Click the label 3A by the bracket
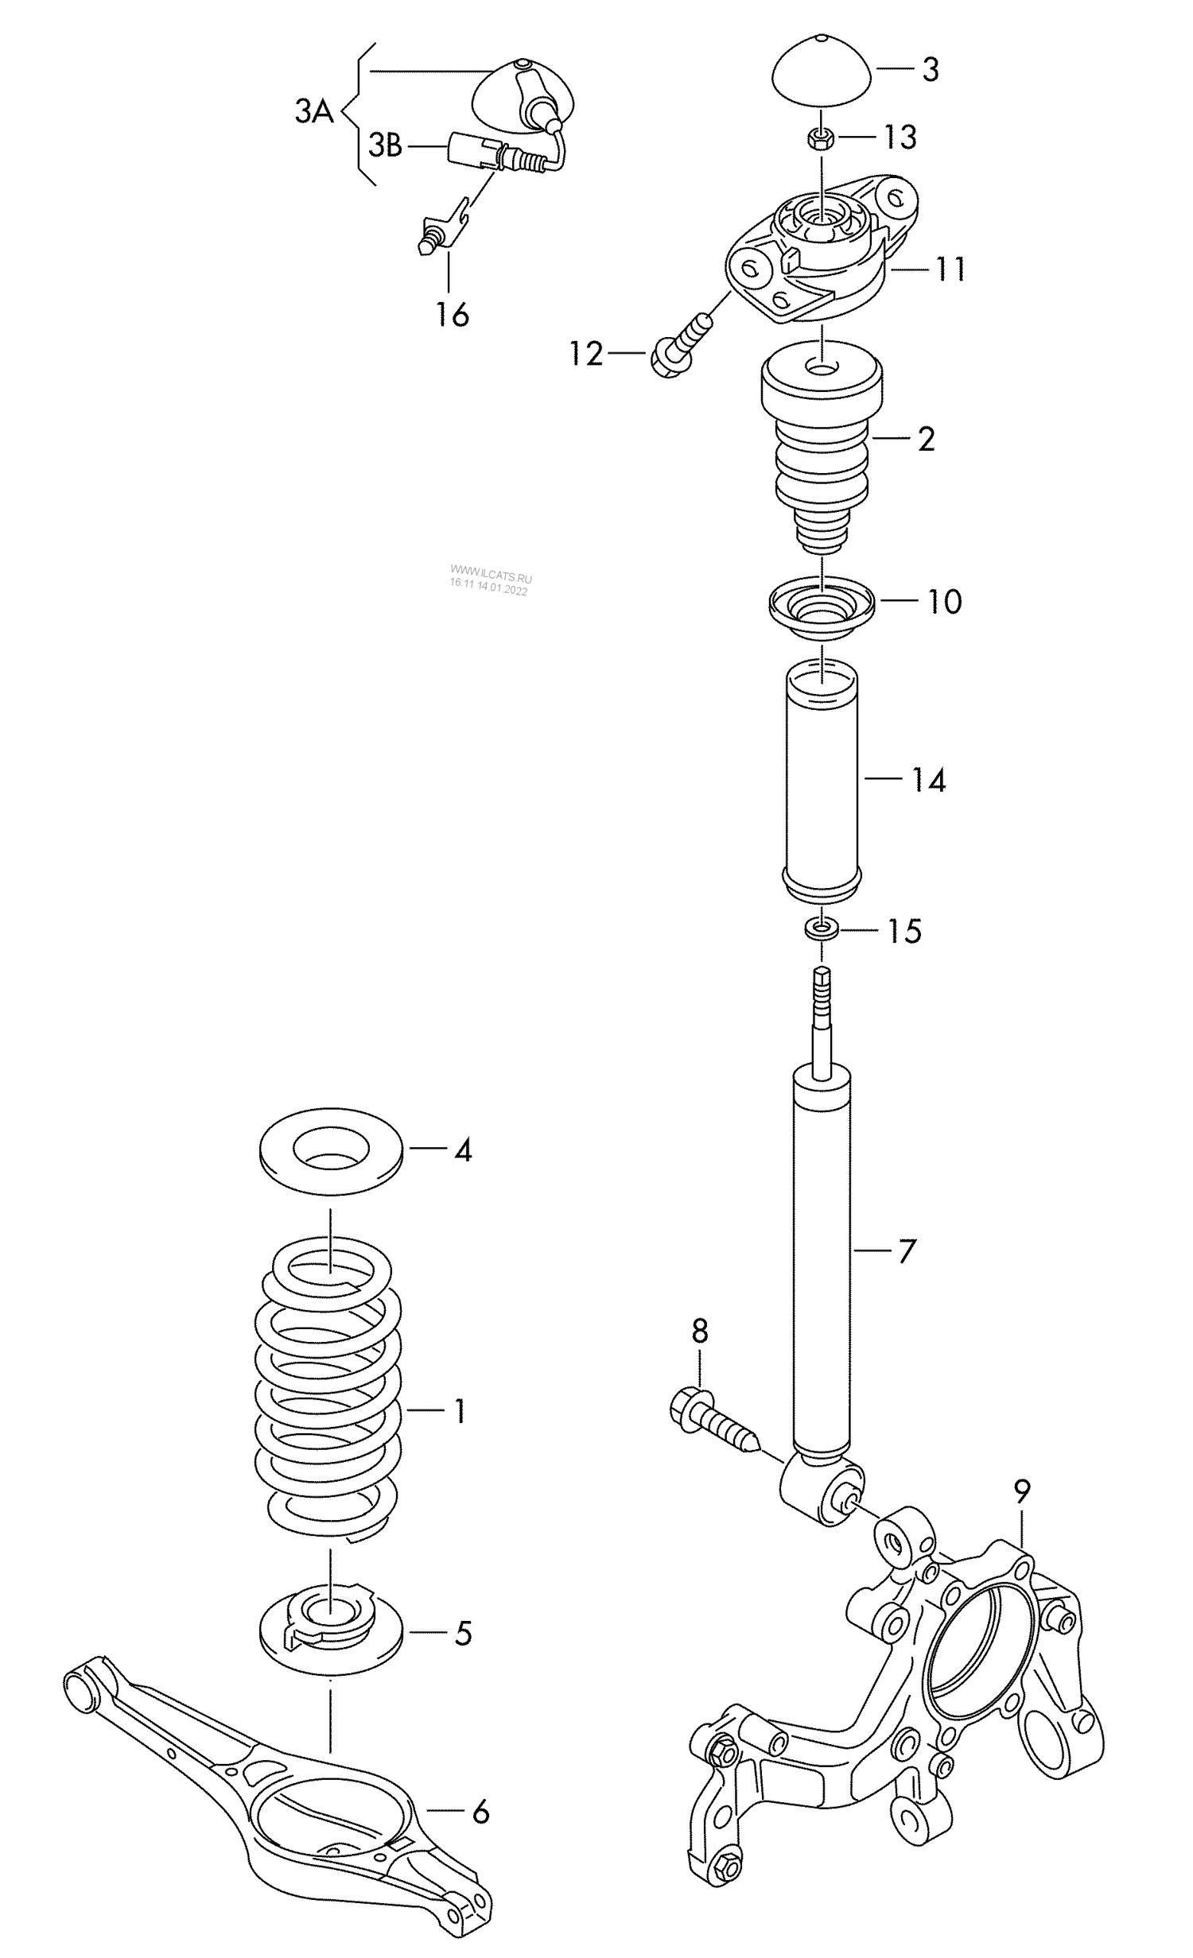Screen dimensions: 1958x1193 coord(313,112)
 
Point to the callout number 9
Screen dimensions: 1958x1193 coord(1022,1492)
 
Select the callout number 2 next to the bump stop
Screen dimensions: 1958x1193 coord(926,439)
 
